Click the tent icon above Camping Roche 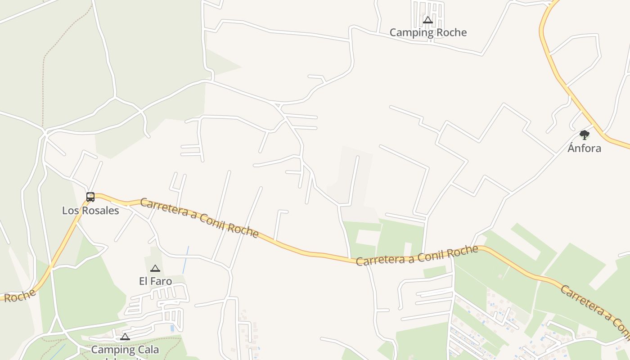tap(428, 20)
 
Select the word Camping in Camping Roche tap(408, 32)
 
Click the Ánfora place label tap(584, 148)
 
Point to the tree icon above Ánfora tap(584, 135)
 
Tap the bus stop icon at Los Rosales tap(90, 197)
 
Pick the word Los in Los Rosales tap(69, 211)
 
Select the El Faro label tap(155, 281)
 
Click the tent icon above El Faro tap(155, 269)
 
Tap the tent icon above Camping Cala tap(125, 337)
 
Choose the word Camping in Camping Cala tap(110, 350)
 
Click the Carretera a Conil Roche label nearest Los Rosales tap(199, 218)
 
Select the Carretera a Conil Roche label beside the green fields tap(417, 256)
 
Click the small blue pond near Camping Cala tap(172, 328)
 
